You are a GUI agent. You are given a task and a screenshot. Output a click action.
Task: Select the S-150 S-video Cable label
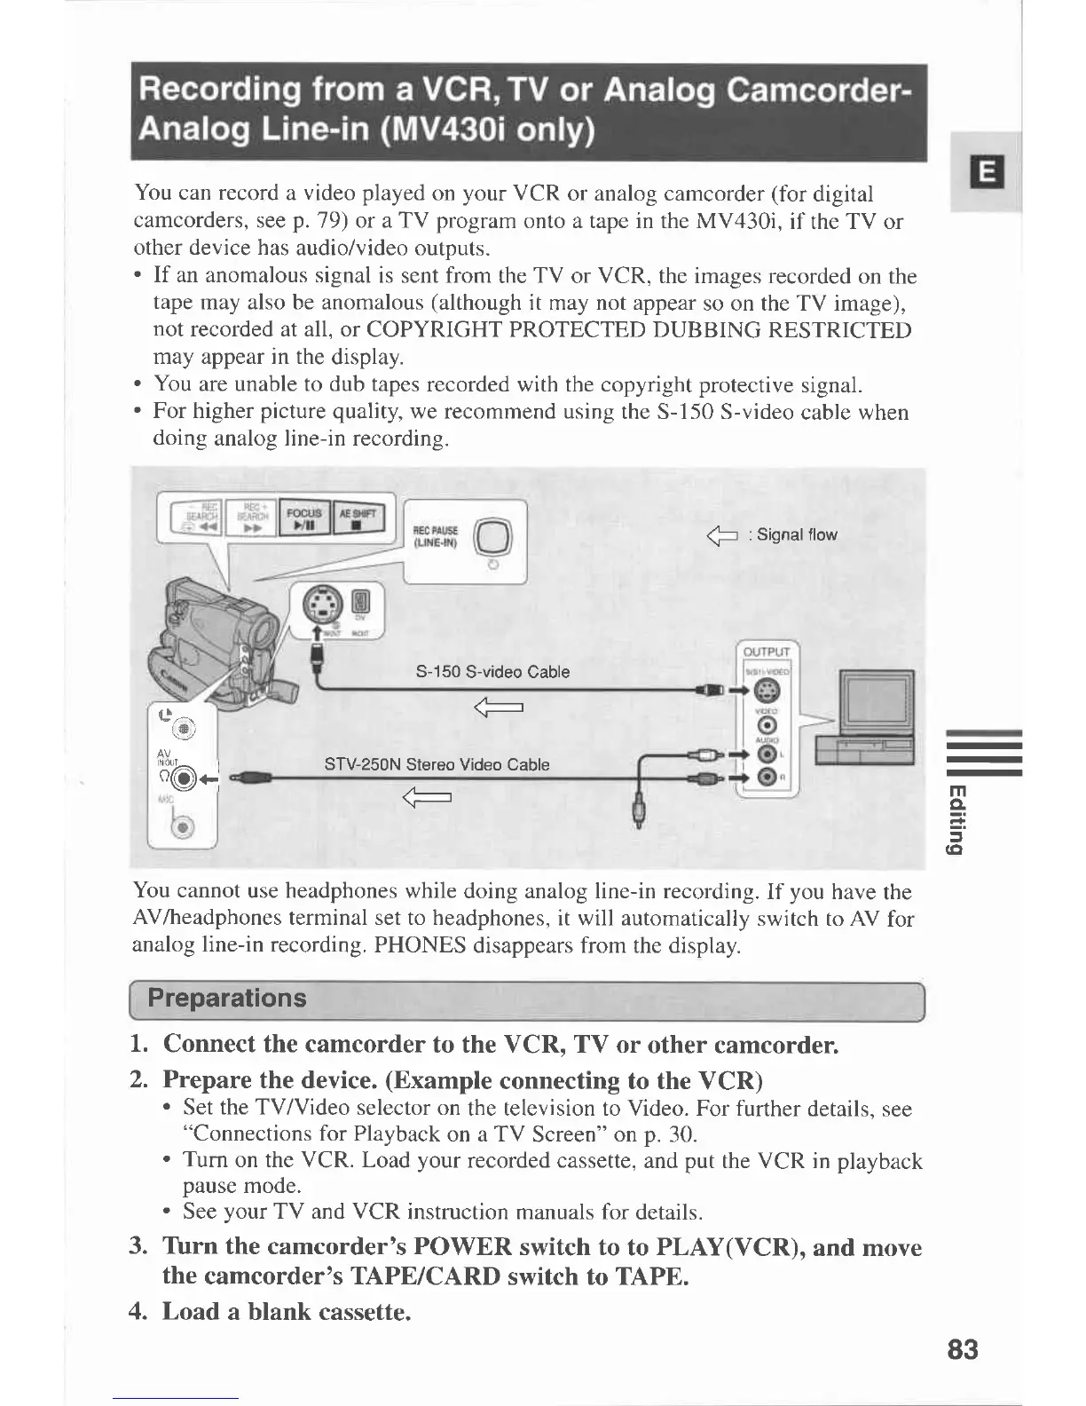[492, 672]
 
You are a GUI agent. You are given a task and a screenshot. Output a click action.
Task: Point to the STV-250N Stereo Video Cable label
[437, 764]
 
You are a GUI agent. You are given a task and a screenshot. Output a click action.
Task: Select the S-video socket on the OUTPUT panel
[767, 691]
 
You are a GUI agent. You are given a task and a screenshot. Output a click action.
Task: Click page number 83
[962, 1350]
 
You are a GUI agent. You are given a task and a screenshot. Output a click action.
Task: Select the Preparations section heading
[227, 998]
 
